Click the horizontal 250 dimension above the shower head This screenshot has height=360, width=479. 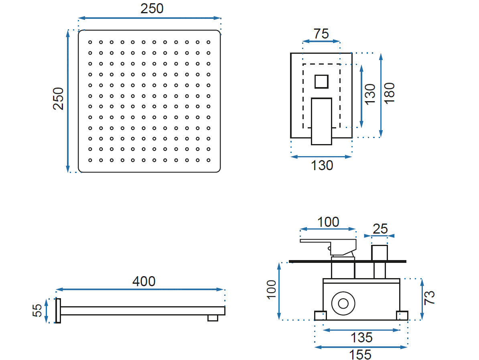pos(152,8)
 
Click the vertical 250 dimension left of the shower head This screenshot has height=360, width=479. pos(59,99)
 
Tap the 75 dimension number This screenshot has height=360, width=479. pos(321,34)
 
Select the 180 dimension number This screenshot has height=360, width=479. pos(389,93)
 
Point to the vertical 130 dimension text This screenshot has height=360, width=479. pos(370,94)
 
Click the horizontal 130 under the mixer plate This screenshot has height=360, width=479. pos(322,165)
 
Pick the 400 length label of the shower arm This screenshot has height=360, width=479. pos(144,281)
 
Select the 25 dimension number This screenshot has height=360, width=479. pos(380,229)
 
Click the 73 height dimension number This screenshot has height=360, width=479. pos(429,297)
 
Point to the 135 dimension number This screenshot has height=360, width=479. pos(361,338)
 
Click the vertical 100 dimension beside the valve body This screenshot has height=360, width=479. pos(271,289)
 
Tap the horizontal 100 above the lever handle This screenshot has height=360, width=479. pos(328,222)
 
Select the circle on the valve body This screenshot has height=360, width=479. pos(343,303)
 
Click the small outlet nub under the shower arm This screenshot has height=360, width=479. pos(213,318)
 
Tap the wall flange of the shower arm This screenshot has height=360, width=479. pos(58,311)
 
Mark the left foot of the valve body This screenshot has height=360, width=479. pos(320,315)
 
